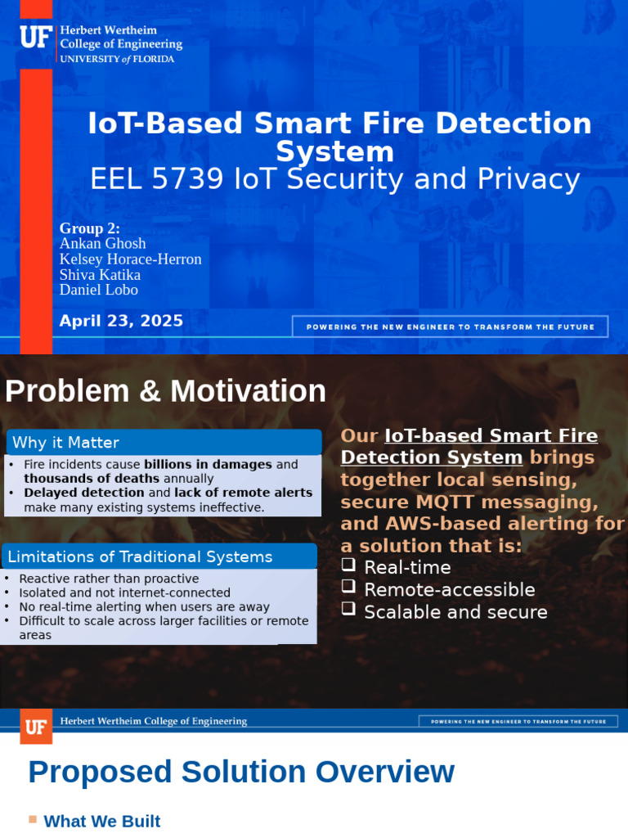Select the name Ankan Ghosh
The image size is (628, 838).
[x=103, y=243]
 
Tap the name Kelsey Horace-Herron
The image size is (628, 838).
[x=131, y=259]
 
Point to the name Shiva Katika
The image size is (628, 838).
[x=100, y=274]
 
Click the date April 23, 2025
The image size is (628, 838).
[x=121, y=321]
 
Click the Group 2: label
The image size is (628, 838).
[x=90, y=228]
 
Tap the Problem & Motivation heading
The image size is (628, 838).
[x=165, y=391]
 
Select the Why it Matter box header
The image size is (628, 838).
[x=65, y=443]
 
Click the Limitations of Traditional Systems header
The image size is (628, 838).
[x=140, y=557]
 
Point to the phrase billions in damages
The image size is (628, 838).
[x=208, y=464]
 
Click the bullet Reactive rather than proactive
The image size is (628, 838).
[x=109, y=579]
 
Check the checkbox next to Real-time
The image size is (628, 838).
[x=348, y=565]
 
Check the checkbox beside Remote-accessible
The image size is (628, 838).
[x=348, y=587]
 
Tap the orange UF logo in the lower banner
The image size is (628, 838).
[x=36, y=727]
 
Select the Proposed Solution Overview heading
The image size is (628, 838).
[x=241, y=772]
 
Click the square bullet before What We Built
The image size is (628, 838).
[x=33, y=819]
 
